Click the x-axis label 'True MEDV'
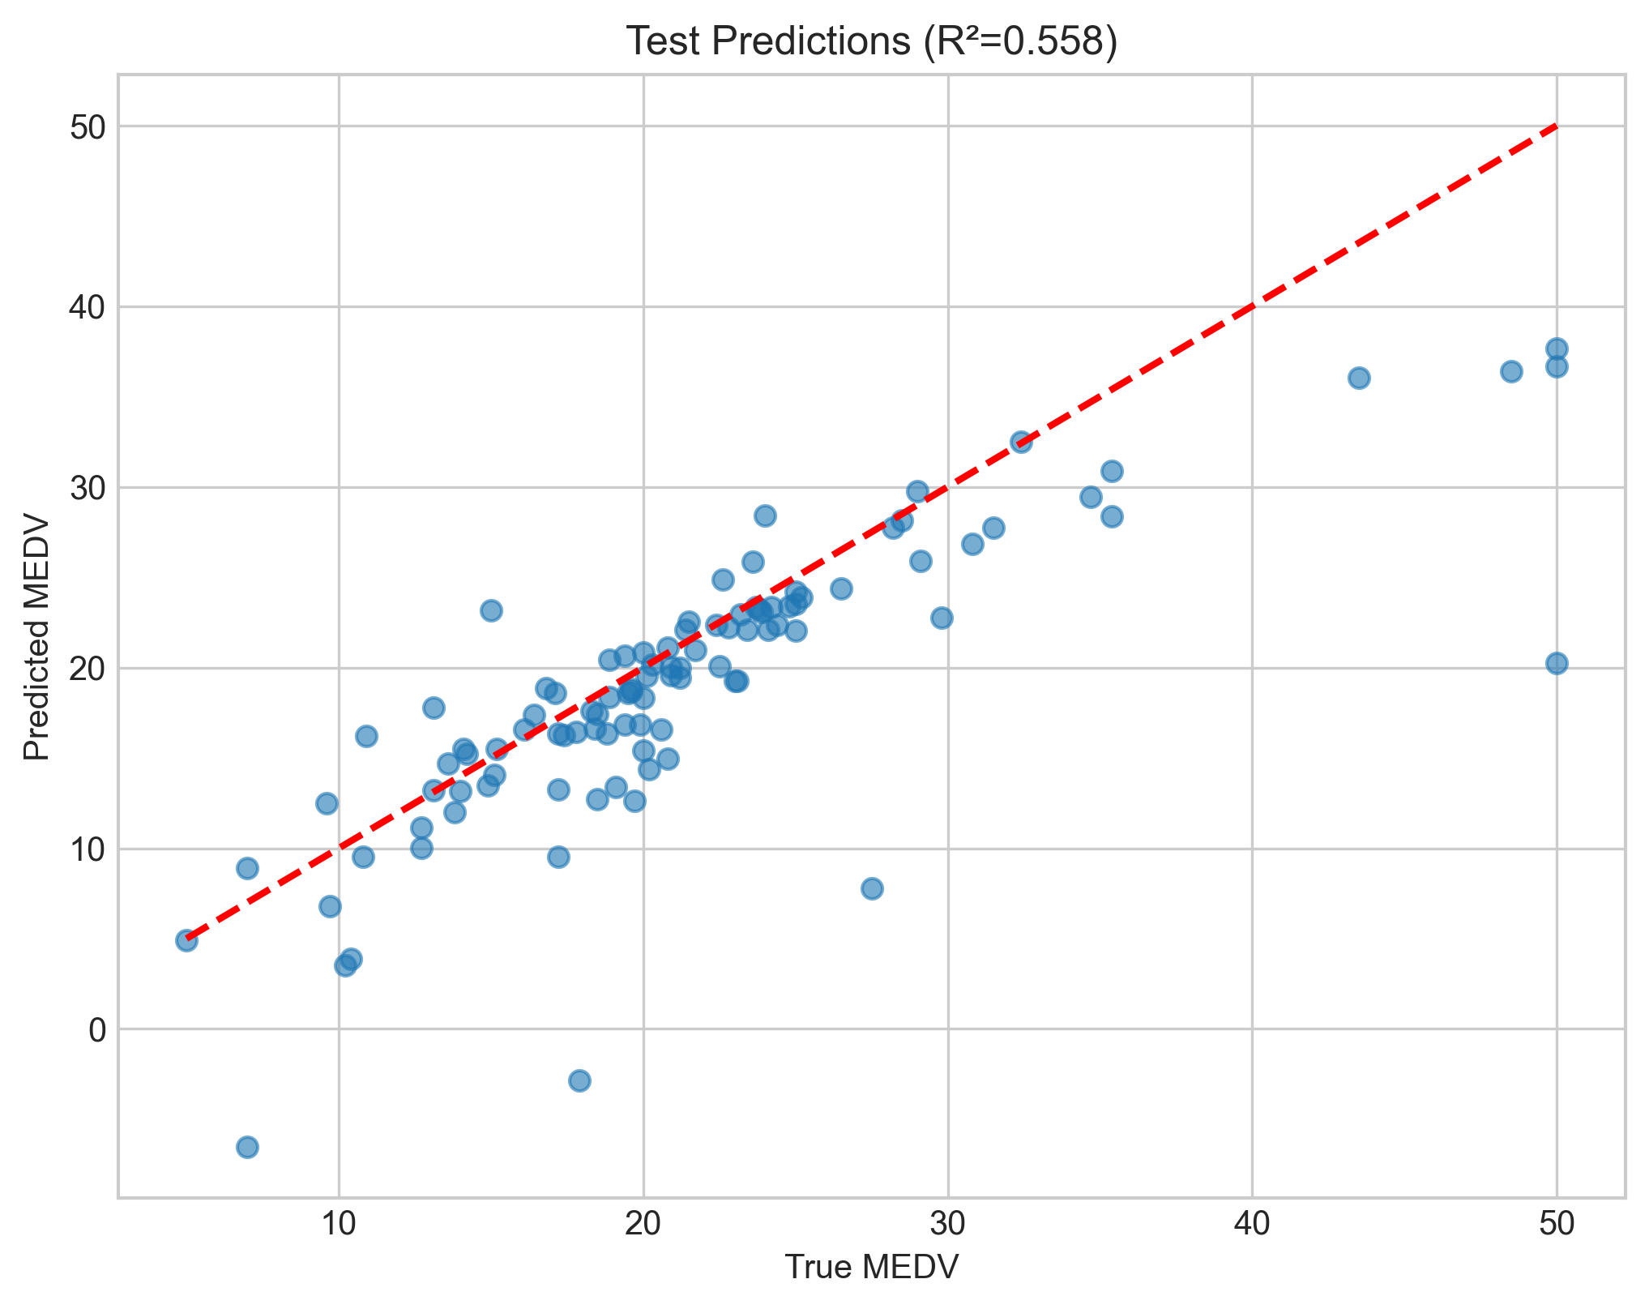click(x=872, y=1268)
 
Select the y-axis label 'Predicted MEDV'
click(x=37, y=637)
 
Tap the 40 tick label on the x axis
click(x=1252, y=1226)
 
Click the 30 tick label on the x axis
click(x=947, y=1226)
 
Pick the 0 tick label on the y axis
click(x=96, y=1030)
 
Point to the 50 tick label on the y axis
click(x=88, y=127)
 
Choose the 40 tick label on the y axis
click(x=88, y=308)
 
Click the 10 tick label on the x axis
click(x=339, y=1226)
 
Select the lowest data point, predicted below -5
click(x=247, y=1147)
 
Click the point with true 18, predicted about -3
click(x=579, y=1080)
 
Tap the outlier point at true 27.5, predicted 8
click(x=872, y=888)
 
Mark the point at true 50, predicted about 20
click(x=1557, y=664)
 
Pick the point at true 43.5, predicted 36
click(x=1359, y=379)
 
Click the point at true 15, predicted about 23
click(x=491, y=610)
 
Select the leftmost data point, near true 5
click(x=186, y=940)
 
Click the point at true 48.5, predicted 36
click(x=1511, y=372)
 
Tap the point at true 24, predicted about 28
click(x=765, y=515)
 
